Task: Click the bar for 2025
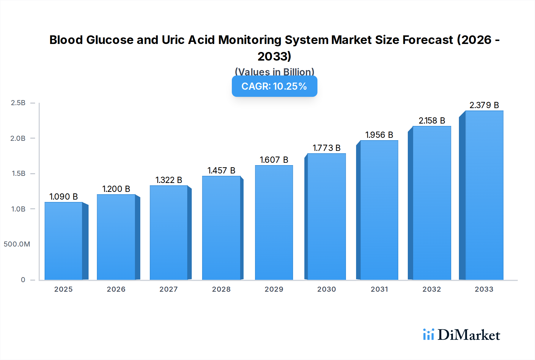tap(64, 241)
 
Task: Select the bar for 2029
tap(274, 222)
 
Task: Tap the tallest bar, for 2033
tap(484, 195)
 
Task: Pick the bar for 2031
tap(379, 210)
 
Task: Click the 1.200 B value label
tap(116, 189)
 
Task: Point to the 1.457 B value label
tap(221, 170)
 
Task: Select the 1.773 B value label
tap(326, 148)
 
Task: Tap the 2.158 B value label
tap(432, 121)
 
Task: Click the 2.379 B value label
tap(484, 105)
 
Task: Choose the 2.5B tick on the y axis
tap(18, 103)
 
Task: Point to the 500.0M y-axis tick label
tap(17, 244)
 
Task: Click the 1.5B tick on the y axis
tap(18, 173)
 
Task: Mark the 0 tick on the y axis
tap(23, 280)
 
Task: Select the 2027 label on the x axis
tap(169, 289)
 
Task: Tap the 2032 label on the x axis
tap(432, 289)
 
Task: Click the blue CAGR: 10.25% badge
tap(274, 86)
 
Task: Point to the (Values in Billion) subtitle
tap(274, 72)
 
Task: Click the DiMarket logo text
tap(469, 335)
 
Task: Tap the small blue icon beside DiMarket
tap(428, 334)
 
